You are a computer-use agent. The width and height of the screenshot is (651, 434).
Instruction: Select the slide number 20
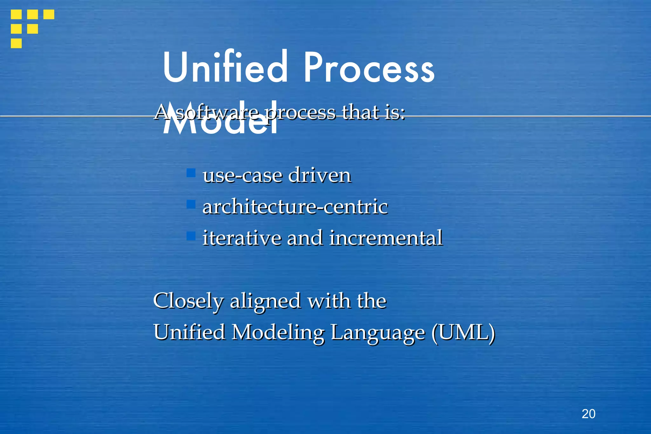pyautogui.click(x=588, y=414)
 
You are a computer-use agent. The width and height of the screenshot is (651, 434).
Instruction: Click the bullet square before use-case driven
pyautogui.click(x=191, y=173)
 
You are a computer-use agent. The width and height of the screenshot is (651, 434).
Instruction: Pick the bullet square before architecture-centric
pyautogui.click(x=191, y=204)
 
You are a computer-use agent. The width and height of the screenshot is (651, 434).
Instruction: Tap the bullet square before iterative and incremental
pyautogui.click(x=191, y=236)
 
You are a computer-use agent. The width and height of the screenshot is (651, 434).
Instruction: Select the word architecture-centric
pyautogui.click(x=295, y=207)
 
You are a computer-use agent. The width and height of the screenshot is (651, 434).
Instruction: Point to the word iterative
pyautogui.click(x=242, y=238)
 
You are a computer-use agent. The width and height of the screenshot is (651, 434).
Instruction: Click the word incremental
pyautogui.click(x=386, y=238)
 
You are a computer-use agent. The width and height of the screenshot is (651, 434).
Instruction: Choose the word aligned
pyautogui.click(x=265, y=301)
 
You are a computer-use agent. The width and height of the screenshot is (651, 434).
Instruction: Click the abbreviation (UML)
pyautogui.click(x=463, y=333)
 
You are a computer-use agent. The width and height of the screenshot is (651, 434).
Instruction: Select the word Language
pyautogui.click(x=378, y=333)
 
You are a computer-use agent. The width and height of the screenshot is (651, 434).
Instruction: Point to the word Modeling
pyautogui.click(x=278, y=333)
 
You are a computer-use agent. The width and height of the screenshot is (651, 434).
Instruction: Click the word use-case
pyautogui.click(x=243, y=176)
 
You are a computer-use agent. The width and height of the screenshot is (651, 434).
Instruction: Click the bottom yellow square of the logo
pyautogui.click(x=16, y=43)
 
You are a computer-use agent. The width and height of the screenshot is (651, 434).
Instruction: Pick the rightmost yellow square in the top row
pyautogui.click(x=49, y=14)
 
